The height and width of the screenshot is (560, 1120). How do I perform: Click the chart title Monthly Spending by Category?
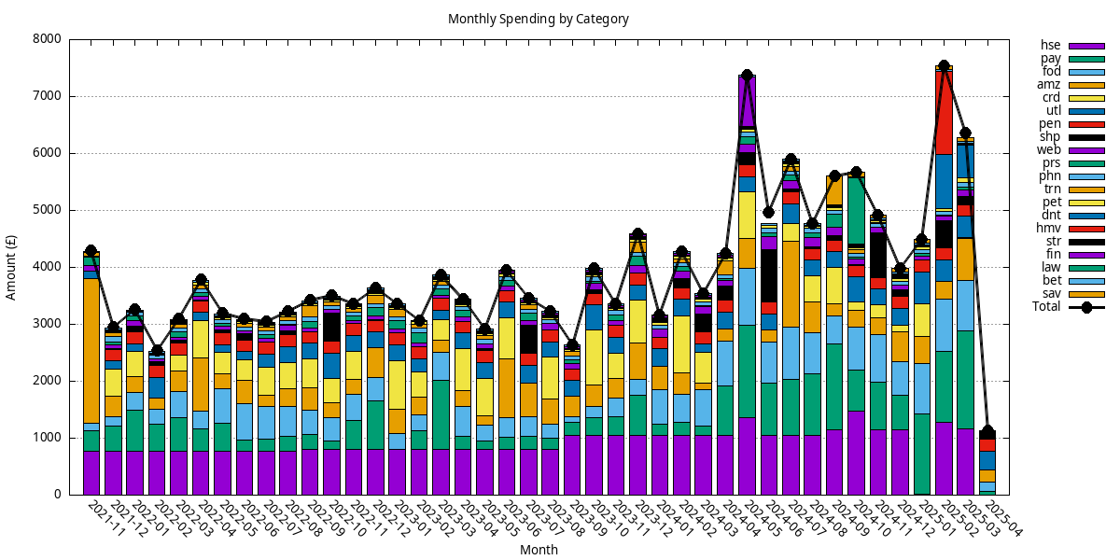tap(539, 19)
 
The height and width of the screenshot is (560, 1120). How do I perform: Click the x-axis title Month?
tap(539, 550)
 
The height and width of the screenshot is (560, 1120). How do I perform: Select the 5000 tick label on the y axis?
tap(47, 210)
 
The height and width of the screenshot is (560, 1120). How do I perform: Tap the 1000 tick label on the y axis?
tap(47, 438)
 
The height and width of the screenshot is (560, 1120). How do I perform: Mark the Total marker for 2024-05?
tap(747, 75)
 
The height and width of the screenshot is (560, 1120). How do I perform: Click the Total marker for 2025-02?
tap(944, 65)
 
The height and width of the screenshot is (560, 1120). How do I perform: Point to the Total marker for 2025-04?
tap(987, 432)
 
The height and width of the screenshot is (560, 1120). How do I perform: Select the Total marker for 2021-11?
tap(91, 251)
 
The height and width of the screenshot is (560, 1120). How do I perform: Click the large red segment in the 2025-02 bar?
tap(944, 112)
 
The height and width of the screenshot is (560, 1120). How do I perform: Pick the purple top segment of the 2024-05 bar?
tap(747, 101)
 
